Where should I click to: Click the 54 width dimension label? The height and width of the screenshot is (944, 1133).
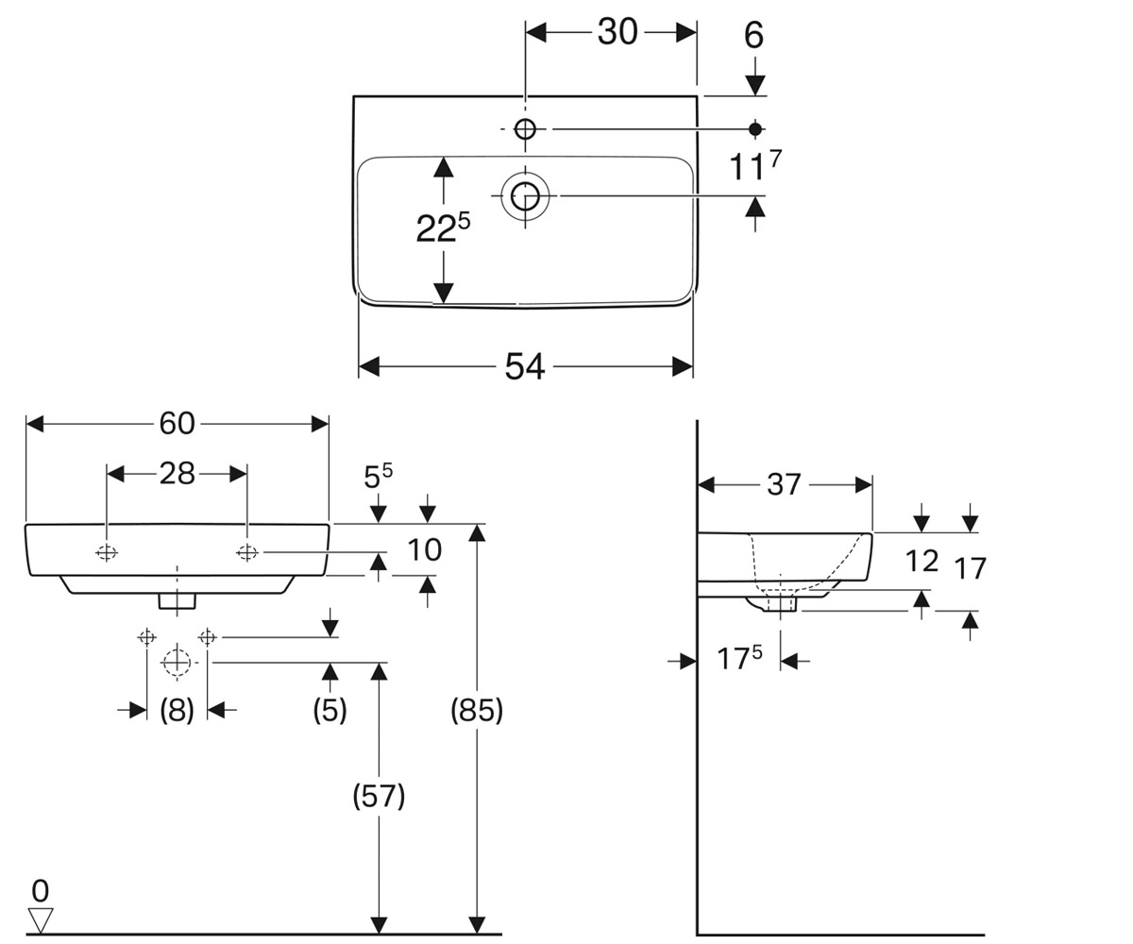[525, 367]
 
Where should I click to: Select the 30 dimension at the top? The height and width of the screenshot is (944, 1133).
[617, 32]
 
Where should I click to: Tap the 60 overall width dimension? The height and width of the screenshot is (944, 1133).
[177, 423]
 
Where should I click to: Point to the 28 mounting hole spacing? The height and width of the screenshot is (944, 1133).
[177, 474]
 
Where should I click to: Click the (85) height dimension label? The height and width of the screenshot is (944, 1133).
[477, 710]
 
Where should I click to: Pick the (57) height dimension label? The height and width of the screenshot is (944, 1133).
[379, 797]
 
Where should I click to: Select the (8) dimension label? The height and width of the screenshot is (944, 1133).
[177, 710]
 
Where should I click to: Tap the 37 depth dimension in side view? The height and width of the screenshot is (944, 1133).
[784, 484]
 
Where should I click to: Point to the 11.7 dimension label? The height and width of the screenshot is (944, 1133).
[754, 165]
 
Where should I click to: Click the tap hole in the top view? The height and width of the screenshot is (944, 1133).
[525, 129]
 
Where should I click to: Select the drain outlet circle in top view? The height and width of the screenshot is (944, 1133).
[525, 195]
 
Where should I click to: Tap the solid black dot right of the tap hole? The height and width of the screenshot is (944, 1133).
[754, 129]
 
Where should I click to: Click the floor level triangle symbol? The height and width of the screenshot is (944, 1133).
[41, 919]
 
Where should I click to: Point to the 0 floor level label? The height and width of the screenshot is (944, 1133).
[41, 891]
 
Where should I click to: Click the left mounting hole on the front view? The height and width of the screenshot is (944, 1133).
[107, 553]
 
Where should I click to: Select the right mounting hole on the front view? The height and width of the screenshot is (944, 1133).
[247, 553]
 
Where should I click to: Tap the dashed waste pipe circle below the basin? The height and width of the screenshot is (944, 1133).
[177, 663]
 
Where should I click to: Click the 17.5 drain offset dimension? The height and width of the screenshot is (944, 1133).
[739, 658]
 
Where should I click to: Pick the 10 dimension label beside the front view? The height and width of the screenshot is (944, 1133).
[424, 550]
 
